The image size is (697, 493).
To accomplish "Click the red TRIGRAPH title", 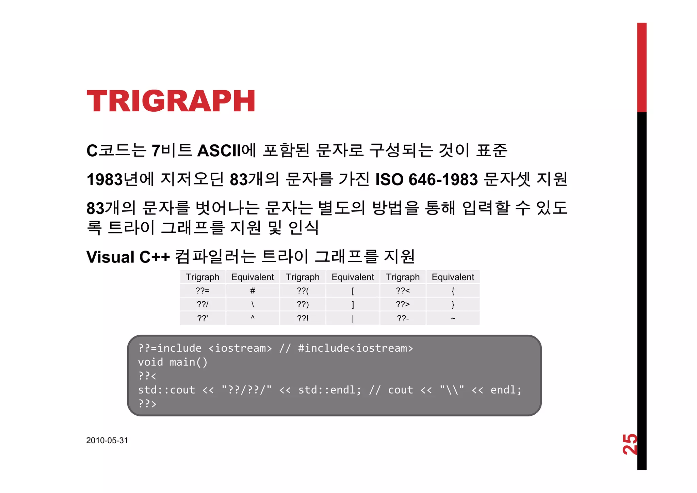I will tap(171, 101).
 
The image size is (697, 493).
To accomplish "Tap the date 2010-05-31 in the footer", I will tap(107, 440).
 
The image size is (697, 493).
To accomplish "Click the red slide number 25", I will tap(630, 444).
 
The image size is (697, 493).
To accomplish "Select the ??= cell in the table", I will tap(202, 291).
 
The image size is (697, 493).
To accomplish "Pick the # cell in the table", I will tap(253, 291).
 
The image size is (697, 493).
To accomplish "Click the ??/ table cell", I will tap(202, 304).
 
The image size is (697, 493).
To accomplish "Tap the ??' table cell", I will tap(202, 318).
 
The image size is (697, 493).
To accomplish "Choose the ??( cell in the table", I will tap(303, 291).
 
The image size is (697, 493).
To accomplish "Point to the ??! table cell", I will tap(303, 318).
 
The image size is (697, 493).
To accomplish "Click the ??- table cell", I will tap(403, 318).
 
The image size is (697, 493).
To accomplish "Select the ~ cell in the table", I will tap(453, 318).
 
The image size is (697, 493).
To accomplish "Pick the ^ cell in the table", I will tap(253, 318).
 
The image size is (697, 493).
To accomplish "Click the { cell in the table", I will tap(453, 291).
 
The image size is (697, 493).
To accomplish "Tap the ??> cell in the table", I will tap(403, 304).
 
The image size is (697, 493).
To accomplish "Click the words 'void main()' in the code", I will tap(173, 362).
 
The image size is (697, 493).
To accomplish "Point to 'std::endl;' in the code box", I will tap(329, 390).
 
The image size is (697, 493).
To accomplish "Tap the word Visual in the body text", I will tap(110, 257).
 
